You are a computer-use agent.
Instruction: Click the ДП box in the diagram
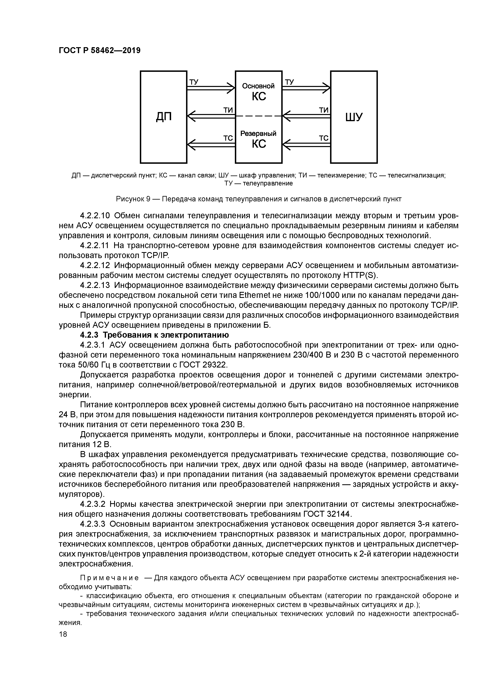pyautogui.click(x=164, y=117)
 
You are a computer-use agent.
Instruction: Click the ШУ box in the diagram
pyautogui.click(x=354, y=117)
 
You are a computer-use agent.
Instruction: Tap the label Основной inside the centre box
pyautogui.click(x=258, y=86)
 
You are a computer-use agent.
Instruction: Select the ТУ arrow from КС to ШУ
pyautogui.click(x=306, y=88)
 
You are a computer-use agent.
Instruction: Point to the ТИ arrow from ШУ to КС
pyautogui.click(x=306, y=116)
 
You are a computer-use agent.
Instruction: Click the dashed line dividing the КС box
pyautogui.click(x=258, y=116)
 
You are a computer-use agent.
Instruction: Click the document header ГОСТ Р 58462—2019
pyautogui.click(x=100, y=51)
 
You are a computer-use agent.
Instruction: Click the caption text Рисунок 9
pyautogui.click(x=133, y=199)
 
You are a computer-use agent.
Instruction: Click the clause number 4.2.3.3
pyautogui.click(x=93, y=524)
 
